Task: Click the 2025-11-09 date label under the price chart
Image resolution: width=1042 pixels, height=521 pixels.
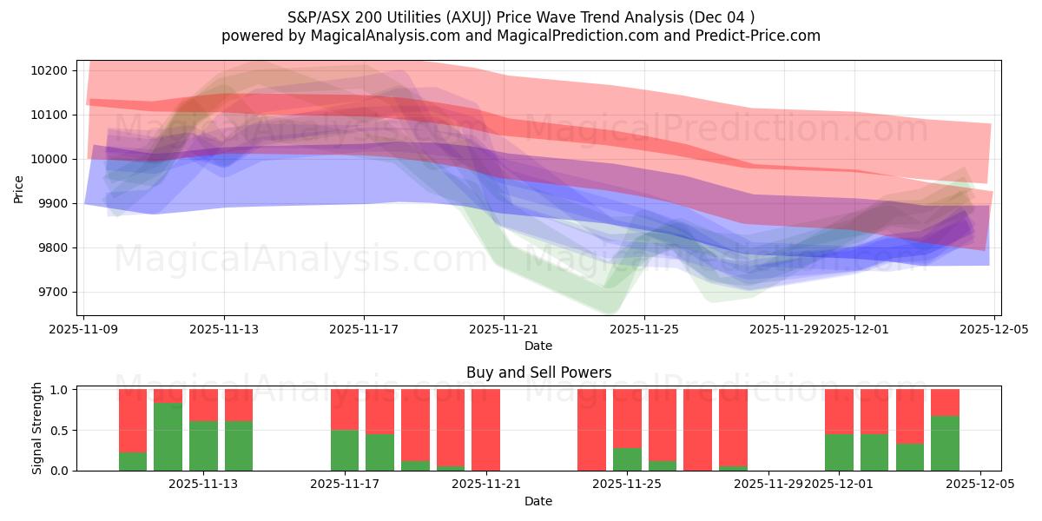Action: (84, 329)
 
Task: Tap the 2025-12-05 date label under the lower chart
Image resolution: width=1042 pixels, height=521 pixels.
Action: (980, 485)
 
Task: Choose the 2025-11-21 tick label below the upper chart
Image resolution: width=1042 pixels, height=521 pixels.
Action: (504, 329)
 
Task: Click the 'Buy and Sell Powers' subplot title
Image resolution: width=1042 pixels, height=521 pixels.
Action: (538, 373)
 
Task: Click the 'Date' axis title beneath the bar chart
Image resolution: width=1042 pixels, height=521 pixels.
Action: (538, 501)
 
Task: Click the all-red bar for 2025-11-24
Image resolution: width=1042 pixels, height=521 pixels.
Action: (591, 430)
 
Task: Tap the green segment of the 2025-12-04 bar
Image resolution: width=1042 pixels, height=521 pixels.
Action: (945, 443)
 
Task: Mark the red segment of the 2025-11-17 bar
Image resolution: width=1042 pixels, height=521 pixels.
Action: (345, 409)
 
